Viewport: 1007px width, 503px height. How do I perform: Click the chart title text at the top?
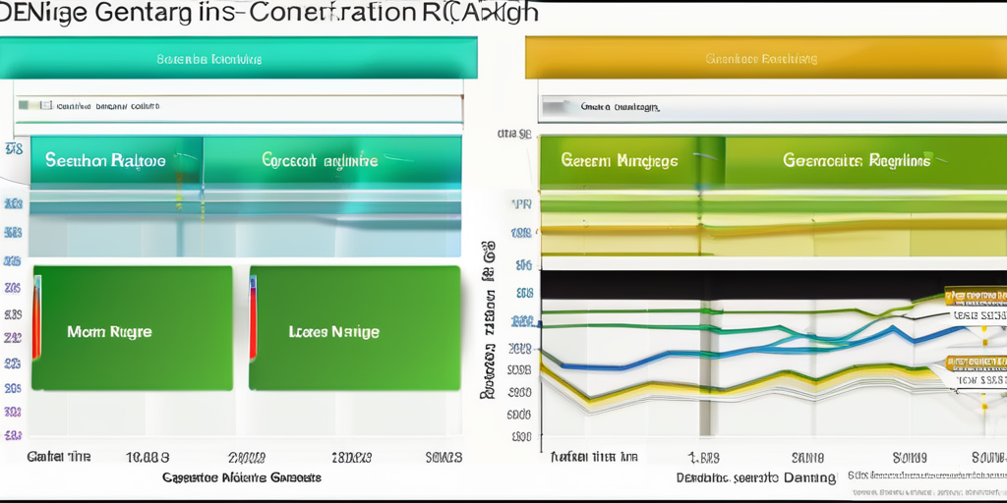tap(269, 13)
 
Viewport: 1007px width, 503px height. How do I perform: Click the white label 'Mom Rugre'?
tap(109, 332)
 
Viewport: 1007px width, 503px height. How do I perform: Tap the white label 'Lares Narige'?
tap(334, 332)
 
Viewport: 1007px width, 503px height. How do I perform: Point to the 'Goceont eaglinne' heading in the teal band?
tap(320, 159)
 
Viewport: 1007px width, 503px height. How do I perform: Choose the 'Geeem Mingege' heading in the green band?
tap(620, 160)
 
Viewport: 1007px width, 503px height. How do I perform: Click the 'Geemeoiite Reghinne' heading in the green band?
tap(856, 160)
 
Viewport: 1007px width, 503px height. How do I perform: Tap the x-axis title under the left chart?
tap(241, 477)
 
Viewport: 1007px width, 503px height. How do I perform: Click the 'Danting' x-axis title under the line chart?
tap(755, 478)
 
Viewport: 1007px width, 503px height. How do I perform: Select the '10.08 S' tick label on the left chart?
tap(149, 458)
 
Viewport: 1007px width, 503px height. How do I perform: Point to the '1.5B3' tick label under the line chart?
tap(703, 458)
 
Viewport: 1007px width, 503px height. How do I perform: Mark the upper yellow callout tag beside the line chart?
tap(975, 295)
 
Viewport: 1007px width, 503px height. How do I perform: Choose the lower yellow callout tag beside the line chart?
tap(977, 363)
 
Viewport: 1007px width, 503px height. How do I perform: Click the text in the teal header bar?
tap(209, 59)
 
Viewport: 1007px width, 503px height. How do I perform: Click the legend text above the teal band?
tap(108, 105)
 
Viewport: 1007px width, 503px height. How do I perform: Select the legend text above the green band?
tap(620, 107)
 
